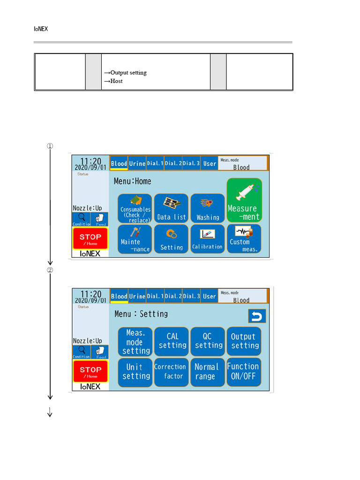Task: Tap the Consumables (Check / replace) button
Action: click(x=135, y=209)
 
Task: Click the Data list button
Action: click(x=171, y=209)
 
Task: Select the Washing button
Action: click(x=208, y=209)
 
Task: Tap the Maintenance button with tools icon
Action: click(x=135, y=240)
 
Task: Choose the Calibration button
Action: click(x=208, y=240)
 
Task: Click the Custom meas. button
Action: click(x=244, y=240)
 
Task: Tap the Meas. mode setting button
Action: click(x=135, y=342)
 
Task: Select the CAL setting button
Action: click(x=172, y=342)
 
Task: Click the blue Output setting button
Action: click(x=244, y=342)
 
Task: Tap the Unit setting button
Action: click(x=135, y=372)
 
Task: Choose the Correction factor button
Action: click(x=172, y=372)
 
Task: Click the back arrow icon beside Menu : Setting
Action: click(x=257, y=316)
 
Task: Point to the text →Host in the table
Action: click(x=113, y=81)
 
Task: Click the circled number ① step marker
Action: click(x=50, y=146)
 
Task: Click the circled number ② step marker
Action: click(x=50, y=270)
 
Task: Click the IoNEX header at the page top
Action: click(x=41, y=29)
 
